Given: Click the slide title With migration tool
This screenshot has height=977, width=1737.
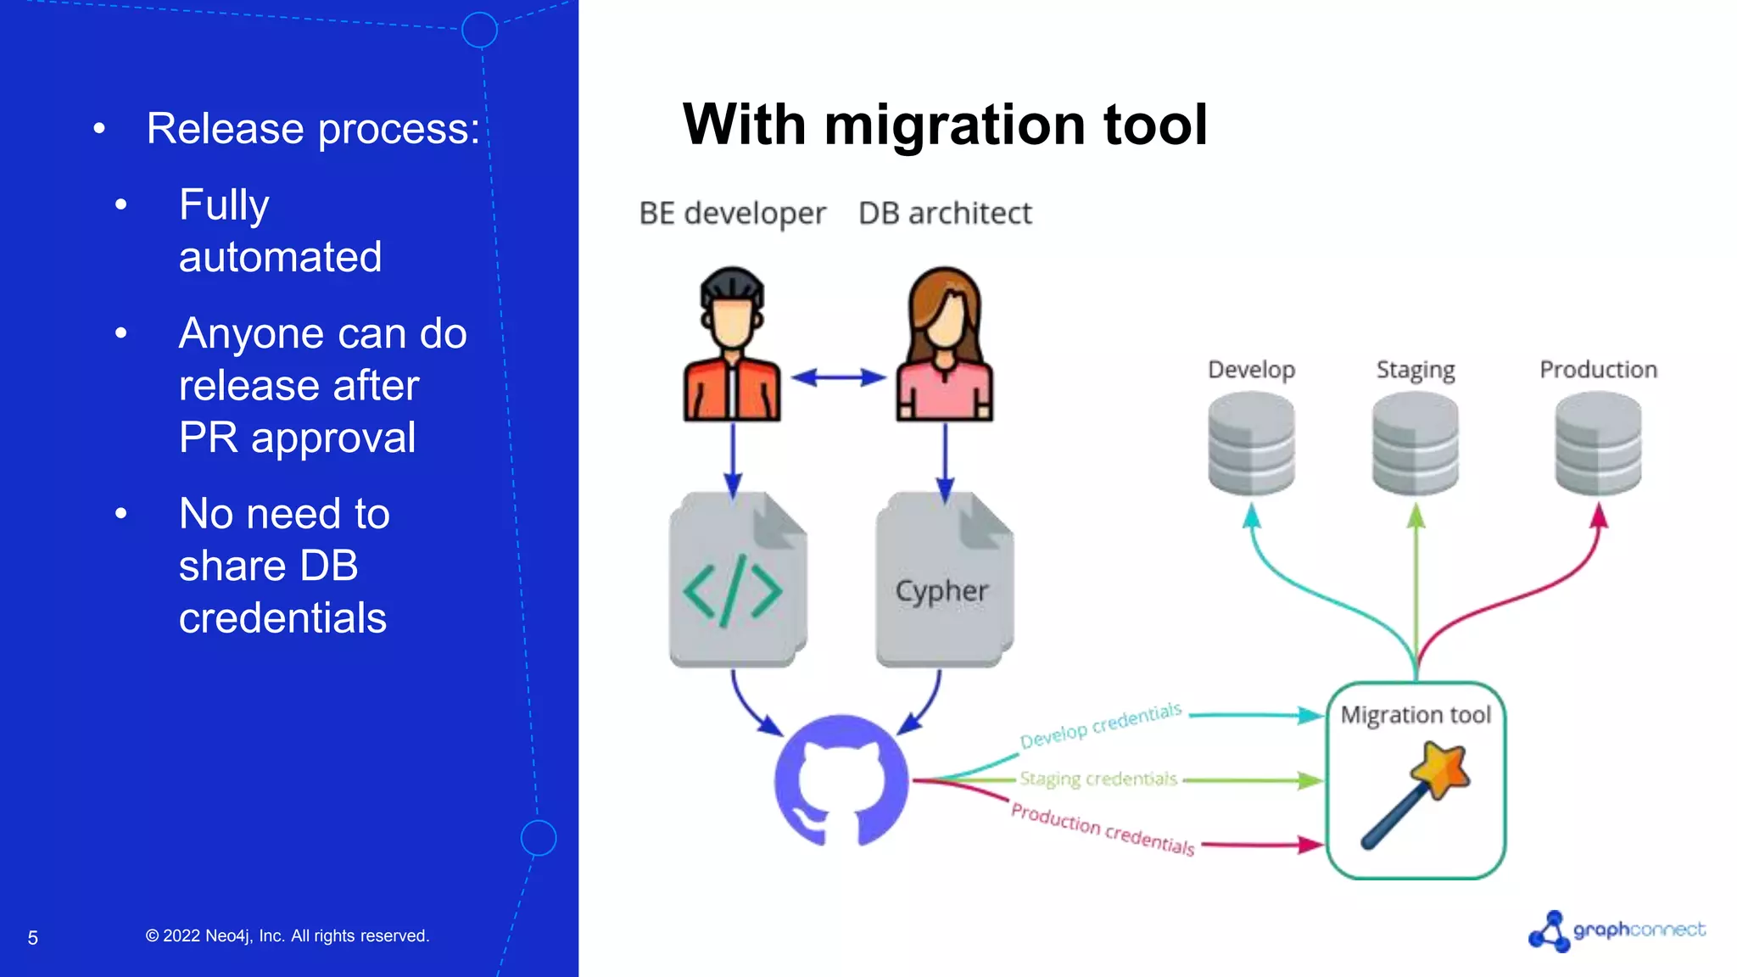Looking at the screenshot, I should pyautogui.click(x=944, y=125).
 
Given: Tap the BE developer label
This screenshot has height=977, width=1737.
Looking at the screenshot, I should pyautogui.click(x=732, y=214).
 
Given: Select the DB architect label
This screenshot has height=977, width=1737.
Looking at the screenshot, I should pyautogui.click(x=945, y=214).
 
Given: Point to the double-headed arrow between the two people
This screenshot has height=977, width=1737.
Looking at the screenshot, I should pyautogui.click(x=838, y=377).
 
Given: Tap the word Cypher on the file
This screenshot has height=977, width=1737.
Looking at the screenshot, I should pyautogui.click(x=941, y=591).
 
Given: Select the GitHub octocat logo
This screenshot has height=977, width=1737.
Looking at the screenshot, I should pyautogui.click(x=841, y=781).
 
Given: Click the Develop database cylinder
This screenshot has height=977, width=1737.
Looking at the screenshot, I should pyautogui.click(x=1251, y=443).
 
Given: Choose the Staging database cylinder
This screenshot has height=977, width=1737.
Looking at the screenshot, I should pyautogui.click(x=1415, y=443).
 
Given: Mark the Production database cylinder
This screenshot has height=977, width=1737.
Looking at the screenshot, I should pyautogui.click(x=1598, y=443).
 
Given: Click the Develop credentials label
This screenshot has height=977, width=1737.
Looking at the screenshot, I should pyautogui.click(x=1100, y=725).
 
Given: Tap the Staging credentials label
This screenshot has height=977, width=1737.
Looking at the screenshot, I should pyautogui.click(x=1098, y=779).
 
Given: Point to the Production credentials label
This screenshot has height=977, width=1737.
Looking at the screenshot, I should pyautogui.click(x=1103, y=829).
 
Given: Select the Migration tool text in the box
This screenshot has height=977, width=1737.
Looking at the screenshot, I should pyautogui.click(x=1416, y=715).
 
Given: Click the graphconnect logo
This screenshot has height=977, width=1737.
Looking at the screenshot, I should pyautogui.click(x=1617, y=930).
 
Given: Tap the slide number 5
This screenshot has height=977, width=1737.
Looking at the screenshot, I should pyautogui.click(x=33, y=938).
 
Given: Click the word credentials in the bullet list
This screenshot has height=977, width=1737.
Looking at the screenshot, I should pyautogui.click(x=282, y=617).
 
